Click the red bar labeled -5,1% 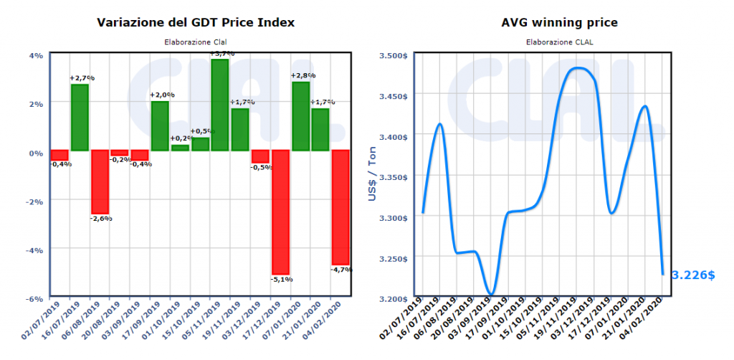coord(280,212)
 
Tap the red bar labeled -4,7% coord(340,207)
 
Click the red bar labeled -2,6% coord(100,181)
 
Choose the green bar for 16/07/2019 coord(80,118)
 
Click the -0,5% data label coord(261,168)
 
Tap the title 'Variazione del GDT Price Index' coord(196,23)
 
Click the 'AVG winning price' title coord(560,23)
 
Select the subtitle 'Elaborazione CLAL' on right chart coord(560,42)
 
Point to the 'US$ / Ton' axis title coord(373,176)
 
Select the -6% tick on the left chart coord(34,298)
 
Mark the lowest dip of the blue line coord(491,293)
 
